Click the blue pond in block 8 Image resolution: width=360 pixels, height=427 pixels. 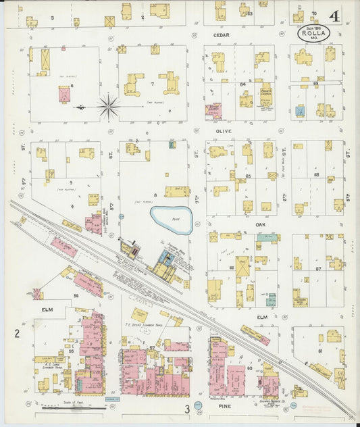(171, 218)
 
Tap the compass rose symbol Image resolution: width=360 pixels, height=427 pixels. (109, 105)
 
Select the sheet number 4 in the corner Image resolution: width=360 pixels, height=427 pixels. (335, 16)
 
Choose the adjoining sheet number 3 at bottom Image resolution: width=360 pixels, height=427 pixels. (187, 409)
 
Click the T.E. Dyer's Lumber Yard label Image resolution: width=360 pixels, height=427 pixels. (142, 324)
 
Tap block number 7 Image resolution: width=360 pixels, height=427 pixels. (153, 84)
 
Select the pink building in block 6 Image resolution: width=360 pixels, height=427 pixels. (64, 95)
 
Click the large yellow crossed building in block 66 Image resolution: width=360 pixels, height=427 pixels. (241, 267)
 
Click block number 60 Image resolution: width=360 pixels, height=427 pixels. (249, 368)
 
